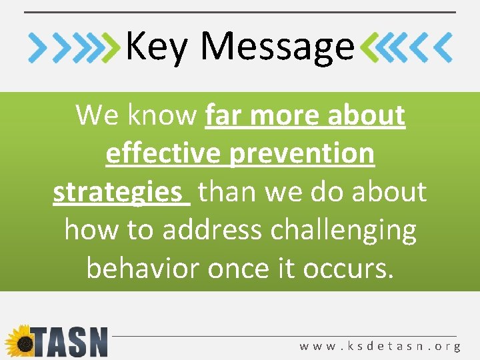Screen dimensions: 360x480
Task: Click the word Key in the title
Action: (x=157, y=47)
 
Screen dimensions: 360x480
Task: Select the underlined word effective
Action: (x=164, y=153)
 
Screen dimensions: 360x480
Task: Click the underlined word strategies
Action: (x=117, y=192)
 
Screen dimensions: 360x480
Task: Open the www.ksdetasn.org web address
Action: (x=380, y=346)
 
